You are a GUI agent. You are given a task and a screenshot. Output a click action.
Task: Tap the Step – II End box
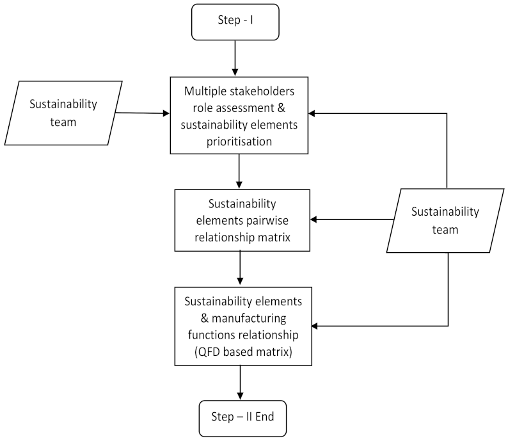pyautogui.click(x=242, y=417)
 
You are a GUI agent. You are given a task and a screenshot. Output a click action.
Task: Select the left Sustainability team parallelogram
pyautogui.click(x=63, y=112)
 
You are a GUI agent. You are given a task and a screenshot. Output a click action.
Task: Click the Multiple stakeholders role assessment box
pyautogui.click(x=239, y=115)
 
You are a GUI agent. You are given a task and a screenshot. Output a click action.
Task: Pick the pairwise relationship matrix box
pyautogui.click(x=242, y=220)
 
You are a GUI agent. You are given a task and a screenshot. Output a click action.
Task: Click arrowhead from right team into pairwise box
pyautogui.click(x=315, y=220)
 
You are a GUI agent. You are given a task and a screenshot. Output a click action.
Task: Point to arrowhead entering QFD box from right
pyautogui.click(x=315, y=326)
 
